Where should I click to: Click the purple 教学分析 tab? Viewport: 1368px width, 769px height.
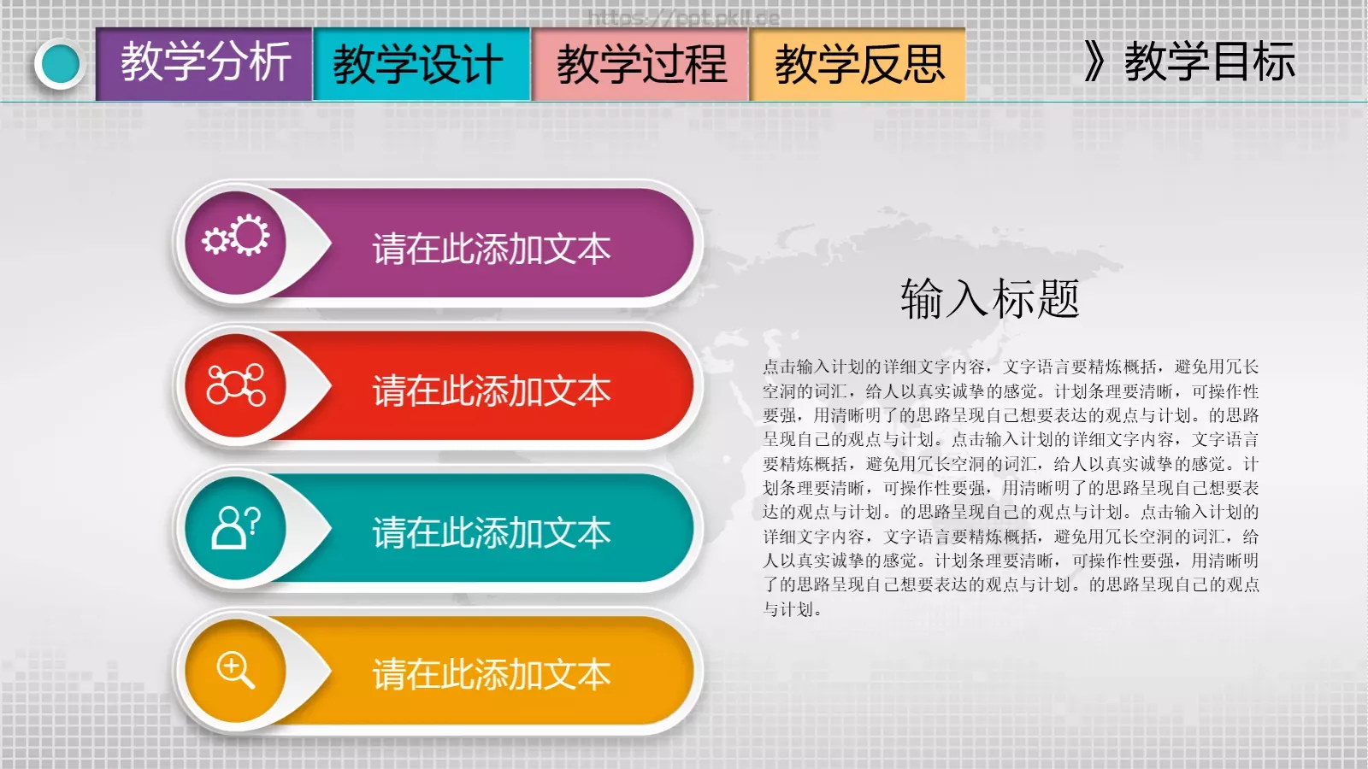pos(204,63)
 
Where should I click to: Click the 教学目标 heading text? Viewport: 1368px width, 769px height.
pos(1209,62)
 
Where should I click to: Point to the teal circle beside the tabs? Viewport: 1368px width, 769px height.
pos(60,64)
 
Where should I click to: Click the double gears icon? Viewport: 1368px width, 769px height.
pos(236,237)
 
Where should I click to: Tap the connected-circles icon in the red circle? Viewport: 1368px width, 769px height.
pos(236,385)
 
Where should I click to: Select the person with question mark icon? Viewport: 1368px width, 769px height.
pos(236,526)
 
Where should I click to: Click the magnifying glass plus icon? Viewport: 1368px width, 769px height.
pos(236,669)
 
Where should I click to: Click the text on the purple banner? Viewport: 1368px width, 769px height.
pos(491,249)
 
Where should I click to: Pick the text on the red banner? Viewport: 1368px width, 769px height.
pos(491,391)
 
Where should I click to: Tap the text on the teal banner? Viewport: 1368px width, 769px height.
pos(491,533)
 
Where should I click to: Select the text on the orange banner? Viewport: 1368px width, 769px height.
pos(491,675)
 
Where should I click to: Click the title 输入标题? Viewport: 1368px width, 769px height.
pos(989,299)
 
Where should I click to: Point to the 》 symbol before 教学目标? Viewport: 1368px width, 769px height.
pos(1094,62)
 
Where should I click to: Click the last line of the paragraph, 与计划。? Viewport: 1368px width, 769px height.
pos(793,609)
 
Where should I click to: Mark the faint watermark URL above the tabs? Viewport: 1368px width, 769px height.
pos(683,17)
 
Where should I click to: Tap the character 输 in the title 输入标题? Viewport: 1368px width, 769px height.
pos(921,299)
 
